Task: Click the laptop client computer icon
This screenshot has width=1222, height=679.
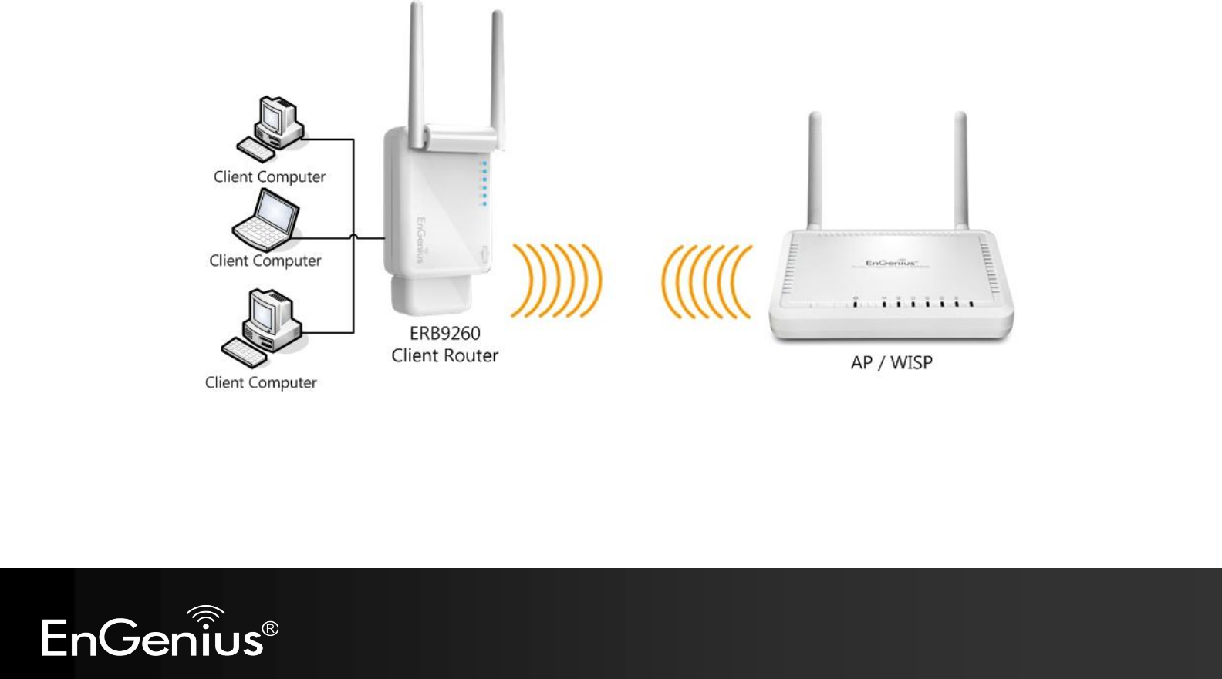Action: click(x=265, y=220)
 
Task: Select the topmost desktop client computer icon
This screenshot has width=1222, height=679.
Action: click(x=269, y=128)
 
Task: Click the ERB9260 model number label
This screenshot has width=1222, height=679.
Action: click(x=445, y=334)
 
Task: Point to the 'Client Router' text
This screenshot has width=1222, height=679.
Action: click(x=445, y=356)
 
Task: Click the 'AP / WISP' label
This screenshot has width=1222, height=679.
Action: click(x=891, y=363)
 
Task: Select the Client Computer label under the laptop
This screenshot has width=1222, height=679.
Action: click(x=265, y=261)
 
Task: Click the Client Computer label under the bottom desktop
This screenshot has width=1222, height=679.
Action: click(x=261, y=383)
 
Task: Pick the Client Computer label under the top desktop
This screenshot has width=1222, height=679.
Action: click(x=269, y=177)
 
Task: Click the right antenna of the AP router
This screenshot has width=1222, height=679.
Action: click(x=960, y=170)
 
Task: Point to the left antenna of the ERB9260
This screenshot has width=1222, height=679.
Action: click(x=417, y=73)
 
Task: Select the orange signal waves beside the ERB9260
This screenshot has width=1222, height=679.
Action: click(x=555, y=281)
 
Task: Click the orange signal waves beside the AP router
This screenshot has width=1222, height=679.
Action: click(x=706, y=281)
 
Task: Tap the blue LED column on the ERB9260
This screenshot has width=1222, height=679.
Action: click(x=484, y=183)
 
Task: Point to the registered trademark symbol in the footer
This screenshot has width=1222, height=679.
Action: click(x=271, y=629)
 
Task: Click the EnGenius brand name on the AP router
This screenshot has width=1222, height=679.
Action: click(x=891, y=264)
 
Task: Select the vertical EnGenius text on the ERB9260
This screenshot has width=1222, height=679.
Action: click(x=421, y=239)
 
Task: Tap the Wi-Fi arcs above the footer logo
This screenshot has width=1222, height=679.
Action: click(x=206, y=614)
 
